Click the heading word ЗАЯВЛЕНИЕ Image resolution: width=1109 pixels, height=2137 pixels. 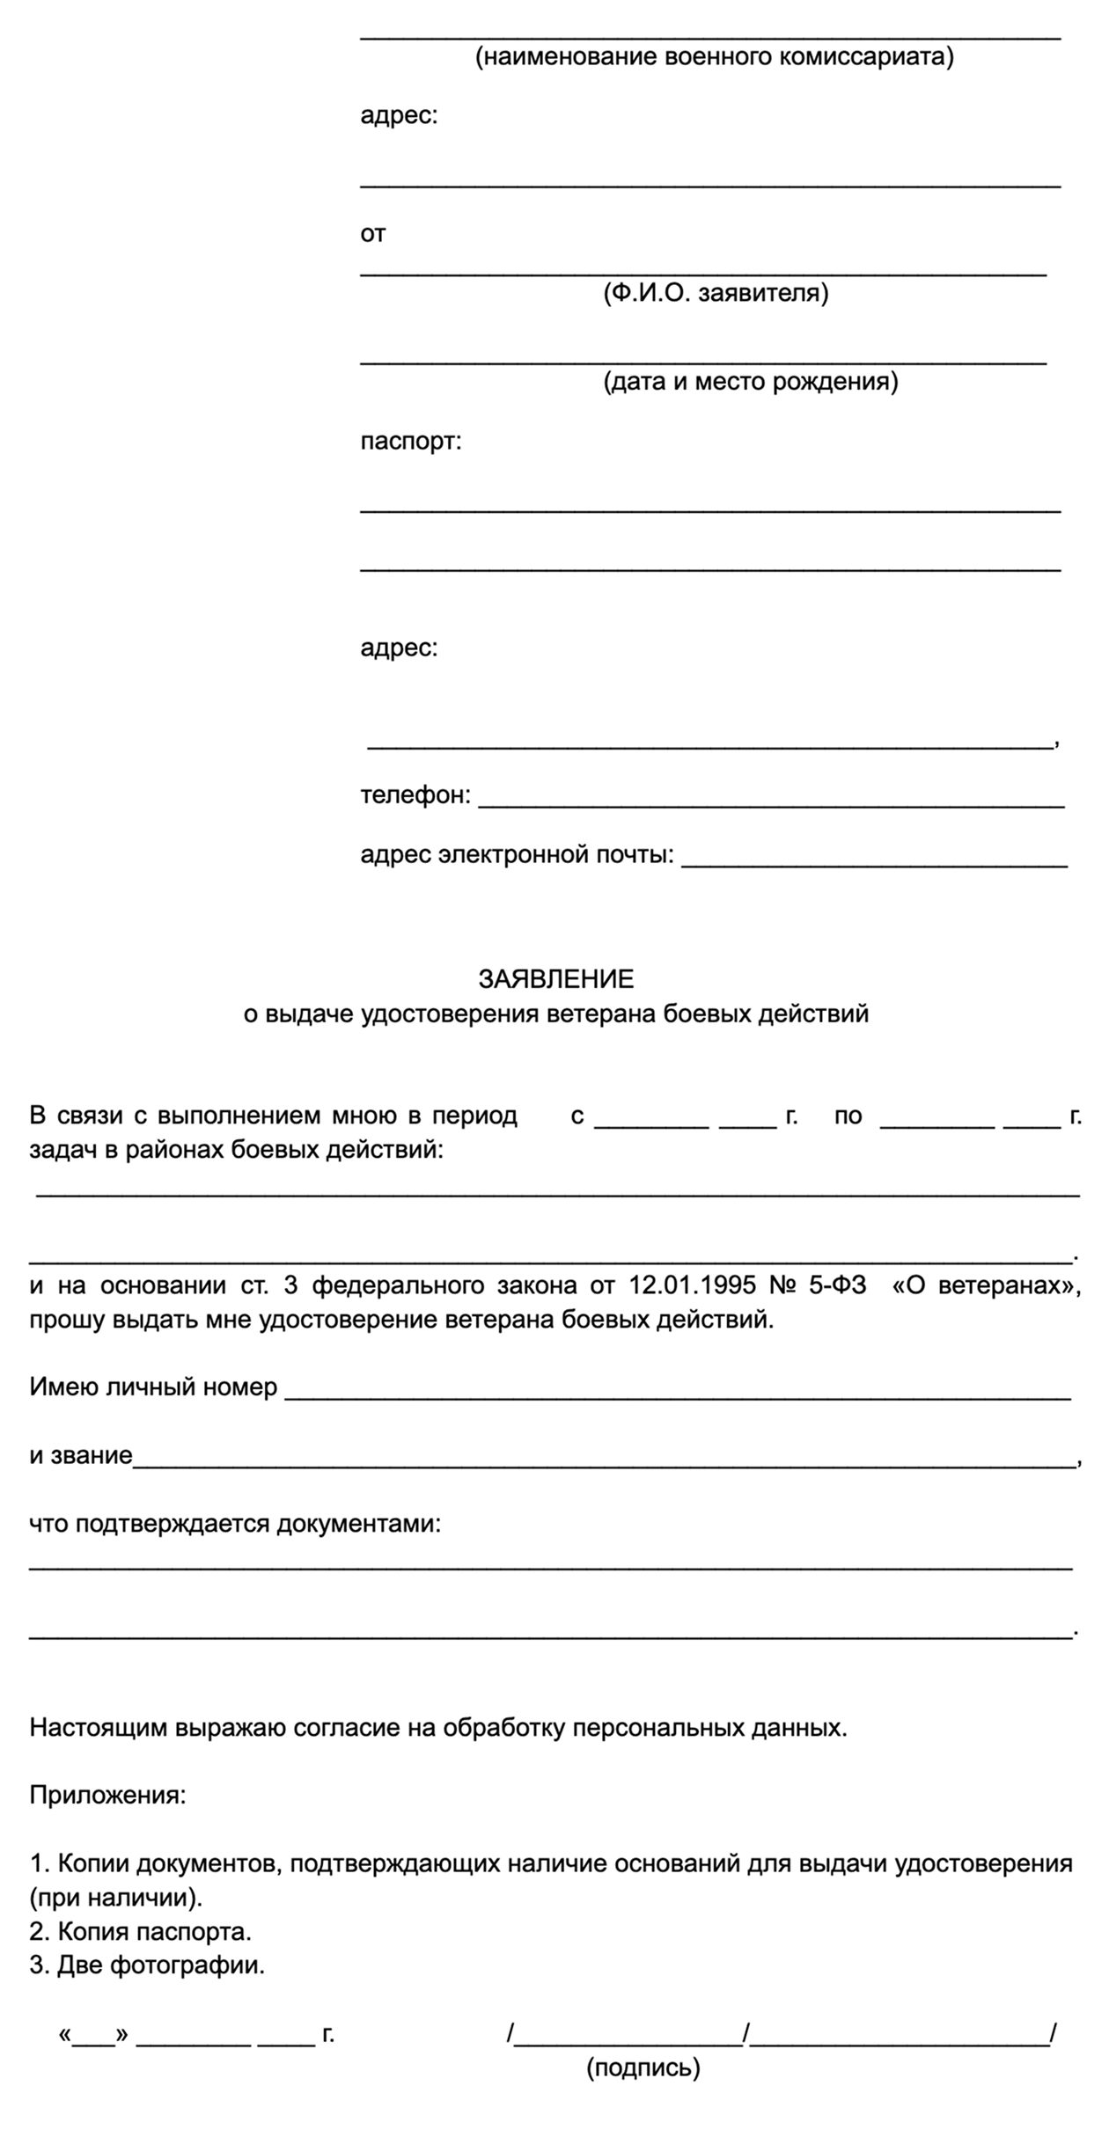point(555,978)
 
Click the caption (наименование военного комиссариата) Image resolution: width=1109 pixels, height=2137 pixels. point(714,58)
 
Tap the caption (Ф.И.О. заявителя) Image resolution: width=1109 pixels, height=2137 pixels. point(715,293)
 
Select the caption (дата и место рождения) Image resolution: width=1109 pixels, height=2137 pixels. point(750,382)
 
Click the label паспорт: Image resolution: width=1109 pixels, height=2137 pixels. point(410,441)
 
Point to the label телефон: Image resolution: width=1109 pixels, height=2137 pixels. point(415,795)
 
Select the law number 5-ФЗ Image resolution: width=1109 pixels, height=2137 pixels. point(837,1285)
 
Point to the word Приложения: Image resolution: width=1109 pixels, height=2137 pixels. point(107,1795)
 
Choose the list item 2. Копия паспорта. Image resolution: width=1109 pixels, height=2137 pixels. point(141,1932)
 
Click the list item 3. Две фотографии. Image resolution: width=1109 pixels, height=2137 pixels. point(147,1965)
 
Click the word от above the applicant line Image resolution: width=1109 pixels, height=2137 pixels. point(373,234)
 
